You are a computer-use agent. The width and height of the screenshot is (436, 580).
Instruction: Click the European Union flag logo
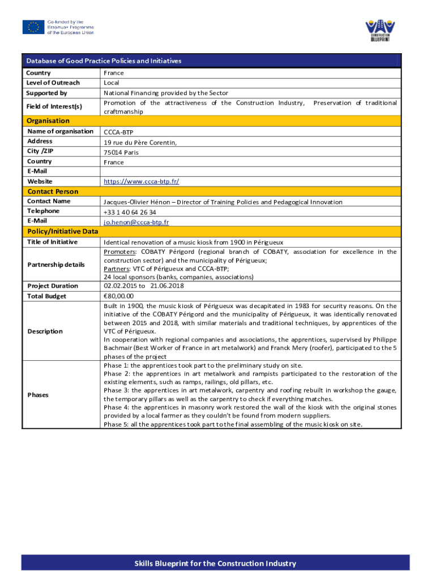point(33,27)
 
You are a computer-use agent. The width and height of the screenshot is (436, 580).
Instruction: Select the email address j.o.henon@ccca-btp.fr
point(136,221)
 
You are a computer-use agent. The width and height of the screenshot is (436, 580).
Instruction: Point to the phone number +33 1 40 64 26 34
point(130,212)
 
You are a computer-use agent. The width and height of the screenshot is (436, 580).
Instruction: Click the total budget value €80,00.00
point(118,296)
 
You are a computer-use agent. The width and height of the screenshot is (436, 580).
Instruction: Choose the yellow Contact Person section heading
point(53,191)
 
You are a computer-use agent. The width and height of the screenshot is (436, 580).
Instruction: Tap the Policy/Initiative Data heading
point(62,231)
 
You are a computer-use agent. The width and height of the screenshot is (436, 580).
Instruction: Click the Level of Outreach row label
point(53,83)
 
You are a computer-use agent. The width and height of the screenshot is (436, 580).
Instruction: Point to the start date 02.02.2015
point(120,286)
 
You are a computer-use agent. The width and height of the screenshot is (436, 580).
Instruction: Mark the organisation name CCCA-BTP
point(119,132)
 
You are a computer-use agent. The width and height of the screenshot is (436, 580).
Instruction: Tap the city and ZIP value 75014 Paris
point(121,152)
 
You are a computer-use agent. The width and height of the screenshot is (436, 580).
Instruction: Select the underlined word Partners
point(117,268)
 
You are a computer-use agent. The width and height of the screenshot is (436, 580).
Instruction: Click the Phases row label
point(38,395)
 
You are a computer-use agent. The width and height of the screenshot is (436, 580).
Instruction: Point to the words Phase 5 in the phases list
point(116,424)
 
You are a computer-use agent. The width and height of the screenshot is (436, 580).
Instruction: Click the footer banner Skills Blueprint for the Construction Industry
point(215,564)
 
